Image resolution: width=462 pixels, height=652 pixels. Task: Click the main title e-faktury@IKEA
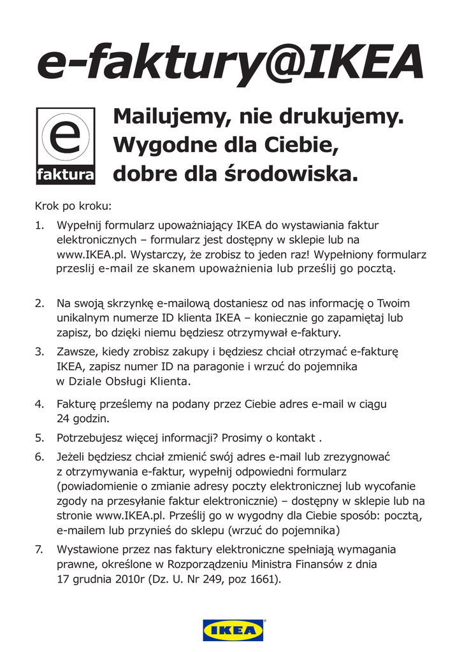click(x=230, y=64)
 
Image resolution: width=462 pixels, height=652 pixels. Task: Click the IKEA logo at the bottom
click(x=233, y=630)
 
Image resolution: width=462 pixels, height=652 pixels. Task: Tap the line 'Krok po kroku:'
click(x=73, y=206)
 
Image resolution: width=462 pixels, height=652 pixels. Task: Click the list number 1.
click(x=39, y=225)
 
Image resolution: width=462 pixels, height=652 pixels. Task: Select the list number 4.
click(x=39, y=404)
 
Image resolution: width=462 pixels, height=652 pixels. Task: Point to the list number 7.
click(x=39, y=548)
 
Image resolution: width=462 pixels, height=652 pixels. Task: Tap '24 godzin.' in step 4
click(x=83, y=418)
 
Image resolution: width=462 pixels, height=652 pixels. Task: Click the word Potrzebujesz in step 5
click(x=89, y=438)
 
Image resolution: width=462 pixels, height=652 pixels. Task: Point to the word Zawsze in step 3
click(x=75, y=351)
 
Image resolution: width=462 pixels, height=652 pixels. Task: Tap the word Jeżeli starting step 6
click(x=71, y=457)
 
